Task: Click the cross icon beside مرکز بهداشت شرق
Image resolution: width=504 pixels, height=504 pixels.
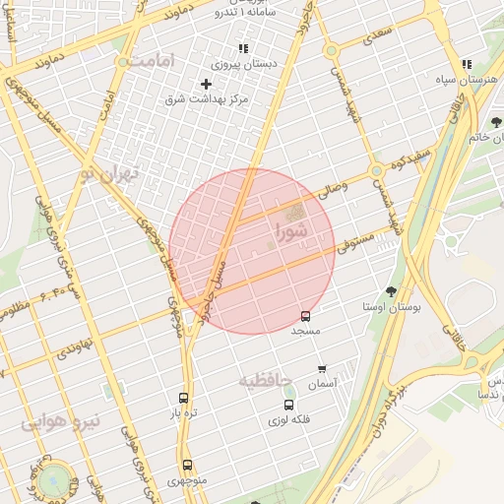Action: pos(206,85)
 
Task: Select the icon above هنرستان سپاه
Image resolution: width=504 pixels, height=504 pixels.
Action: pos(465,62)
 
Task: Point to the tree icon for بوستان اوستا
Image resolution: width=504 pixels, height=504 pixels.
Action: pos(391,291)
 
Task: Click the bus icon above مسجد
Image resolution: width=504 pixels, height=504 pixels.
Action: pos(305,317)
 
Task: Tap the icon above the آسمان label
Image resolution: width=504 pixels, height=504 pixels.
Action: pos(322,369)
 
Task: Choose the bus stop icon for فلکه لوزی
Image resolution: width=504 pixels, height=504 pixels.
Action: pos(288,405)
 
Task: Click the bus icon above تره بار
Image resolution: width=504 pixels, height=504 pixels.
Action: pos(183,398)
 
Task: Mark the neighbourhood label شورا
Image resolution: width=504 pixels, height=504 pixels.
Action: pos(291,232)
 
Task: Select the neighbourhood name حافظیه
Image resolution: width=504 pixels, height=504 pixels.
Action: pos(266,379)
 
